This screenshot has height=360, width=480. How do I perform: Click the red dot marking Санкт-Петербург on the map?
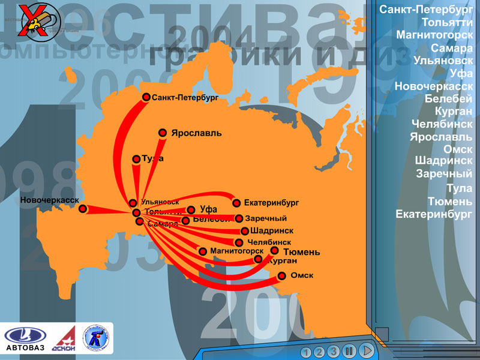(146, 97)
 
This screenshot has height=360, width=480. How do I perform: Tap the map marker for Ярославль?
(162, 133)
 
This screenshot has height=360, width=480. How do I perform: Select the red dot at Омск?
(281, 276)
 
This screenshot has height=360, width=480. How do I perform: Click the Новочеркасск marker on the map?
(83, 209)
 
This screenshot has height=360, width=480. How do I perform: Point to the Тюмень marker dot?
(275, 250)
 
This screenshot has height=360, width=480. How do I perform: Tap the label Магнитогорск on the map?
(237, 251)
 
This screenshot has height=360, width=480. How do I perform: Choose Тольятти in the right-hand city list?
(447, 22)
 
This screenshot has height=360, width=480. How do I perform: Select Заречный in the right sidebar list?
(445, 174)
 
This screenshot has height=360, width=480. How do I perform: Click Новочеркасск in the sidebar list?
(434, 86)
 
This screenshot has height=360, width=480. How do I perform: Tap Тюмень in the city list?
(451, 200)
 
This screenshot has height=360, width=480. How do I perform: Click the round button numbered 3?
(334, 351)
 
